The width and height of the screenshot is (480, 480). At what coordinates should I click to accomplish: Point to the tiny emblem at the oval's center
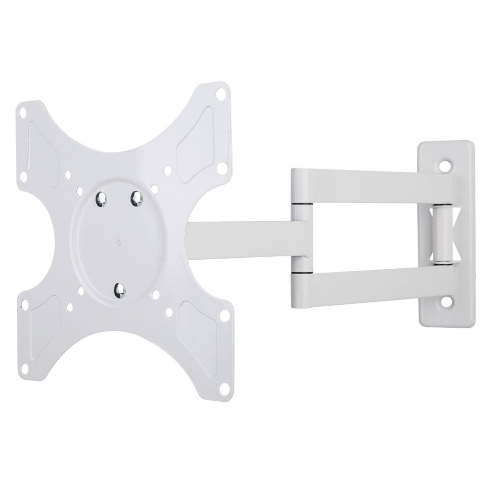(119, 241)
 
